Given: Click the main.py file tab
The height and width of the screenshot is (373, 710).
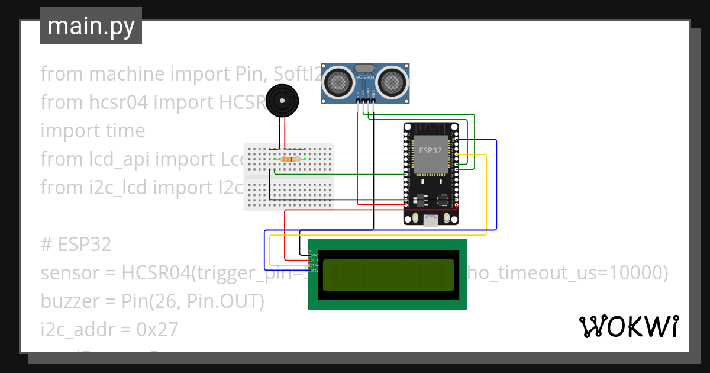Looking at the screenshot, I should [91, 26].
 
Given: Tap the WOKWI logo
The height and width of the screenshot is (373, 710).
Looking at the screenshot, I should [628, 326].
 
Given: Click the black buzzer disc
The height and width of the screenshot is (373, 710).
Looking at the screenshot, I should [280, 101].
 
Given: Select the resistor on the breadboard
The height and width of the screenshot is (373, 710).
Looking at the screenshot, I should [290, 159].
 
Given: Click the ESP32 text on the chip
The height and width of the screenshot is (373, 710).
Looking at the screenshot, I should [430, 150].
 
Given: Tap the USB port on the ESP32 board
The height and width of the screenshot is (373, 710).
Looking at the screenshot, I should [431, 221].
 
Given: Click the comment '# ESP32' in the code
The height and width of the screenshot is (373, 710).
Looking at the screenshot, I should [76, 245].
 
